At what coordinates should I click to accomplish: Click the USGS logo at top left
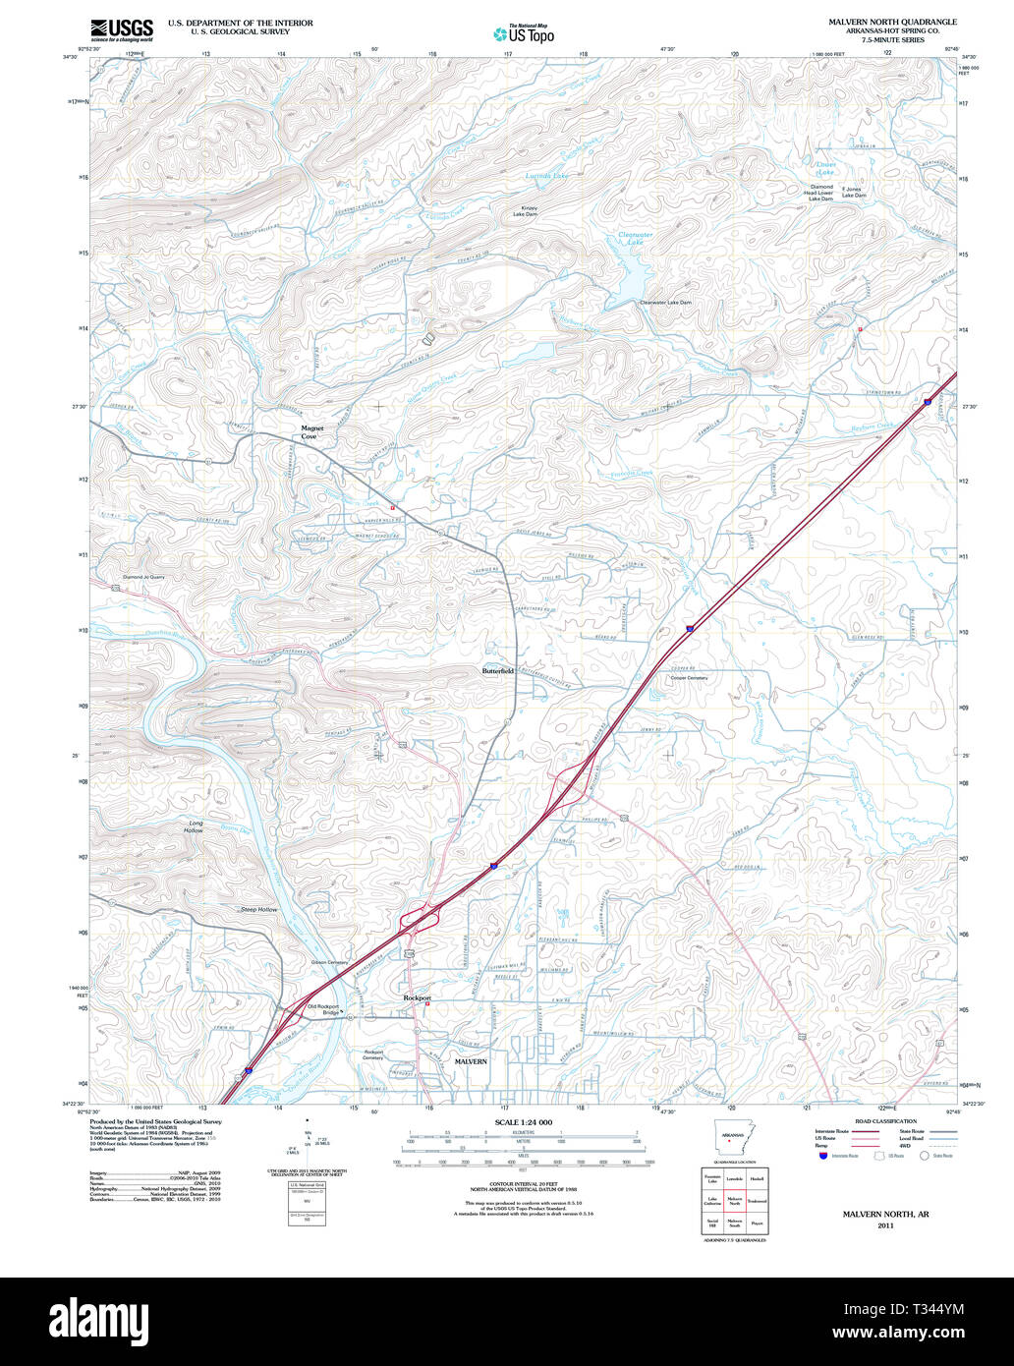click(x=116, y=28)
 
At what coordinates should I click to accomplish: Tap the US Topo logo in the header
click(x=524, y=33)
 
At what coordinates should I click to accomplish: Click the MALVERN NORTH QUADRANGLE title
click(x=892, y=22)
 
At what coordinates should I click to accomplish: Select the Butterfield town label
click(x=498, y=670)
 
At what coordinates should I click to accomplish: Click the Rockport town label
click(x=418, y=997)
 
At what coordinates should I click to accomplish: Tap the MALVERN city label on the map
click(x=471, y=1061)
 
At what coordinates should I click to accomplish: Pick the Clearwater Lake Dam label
click(x=665, y=303)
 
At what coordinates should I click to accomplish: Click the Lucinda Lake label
click(x=547, y=176)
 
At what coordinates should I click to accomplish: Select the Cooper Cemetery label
click(x=689, y=678)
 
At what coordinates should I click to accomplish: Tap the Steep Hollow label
click(x=259, y=910)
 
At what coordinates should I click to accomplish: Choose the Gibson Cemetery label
click(x=330, y=962)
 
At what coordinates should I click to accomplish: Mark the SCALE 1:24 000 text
click(x=524, y=1122)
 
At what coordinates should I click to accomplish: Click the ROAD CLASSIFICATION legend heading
click(x=885, y=1121)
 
